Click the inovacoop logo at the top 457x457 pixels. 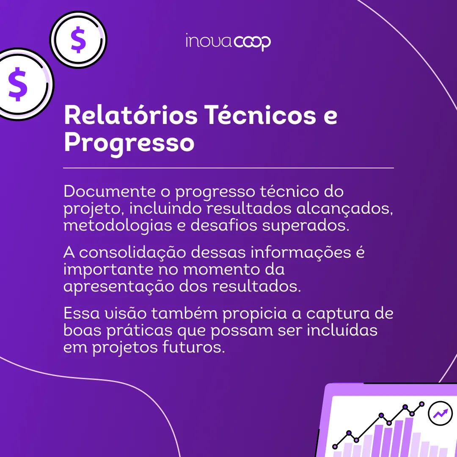(228, 42)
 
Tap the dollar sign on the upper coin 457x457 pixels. (78, 40)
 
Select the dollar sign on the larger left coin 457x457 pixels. (18, 84)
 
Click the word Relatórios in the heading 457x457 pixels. (131, 116)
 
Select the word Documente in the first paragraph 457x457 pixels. (110, 192)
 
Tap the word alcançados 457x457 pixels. (344, 209)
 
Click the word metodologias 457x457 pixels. (118, 226)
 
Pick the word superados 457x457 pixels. (306, 226)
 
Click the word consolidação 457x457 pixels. (132, 252)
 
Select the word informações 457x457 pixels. (301, 252)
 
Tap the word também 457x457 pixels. (184, 313)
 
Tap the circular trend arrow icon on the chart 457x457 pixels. (440, 413)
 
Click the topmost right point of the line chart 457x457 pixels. (421, 404)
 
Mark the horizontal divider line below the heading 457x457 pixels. (228, 168)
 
